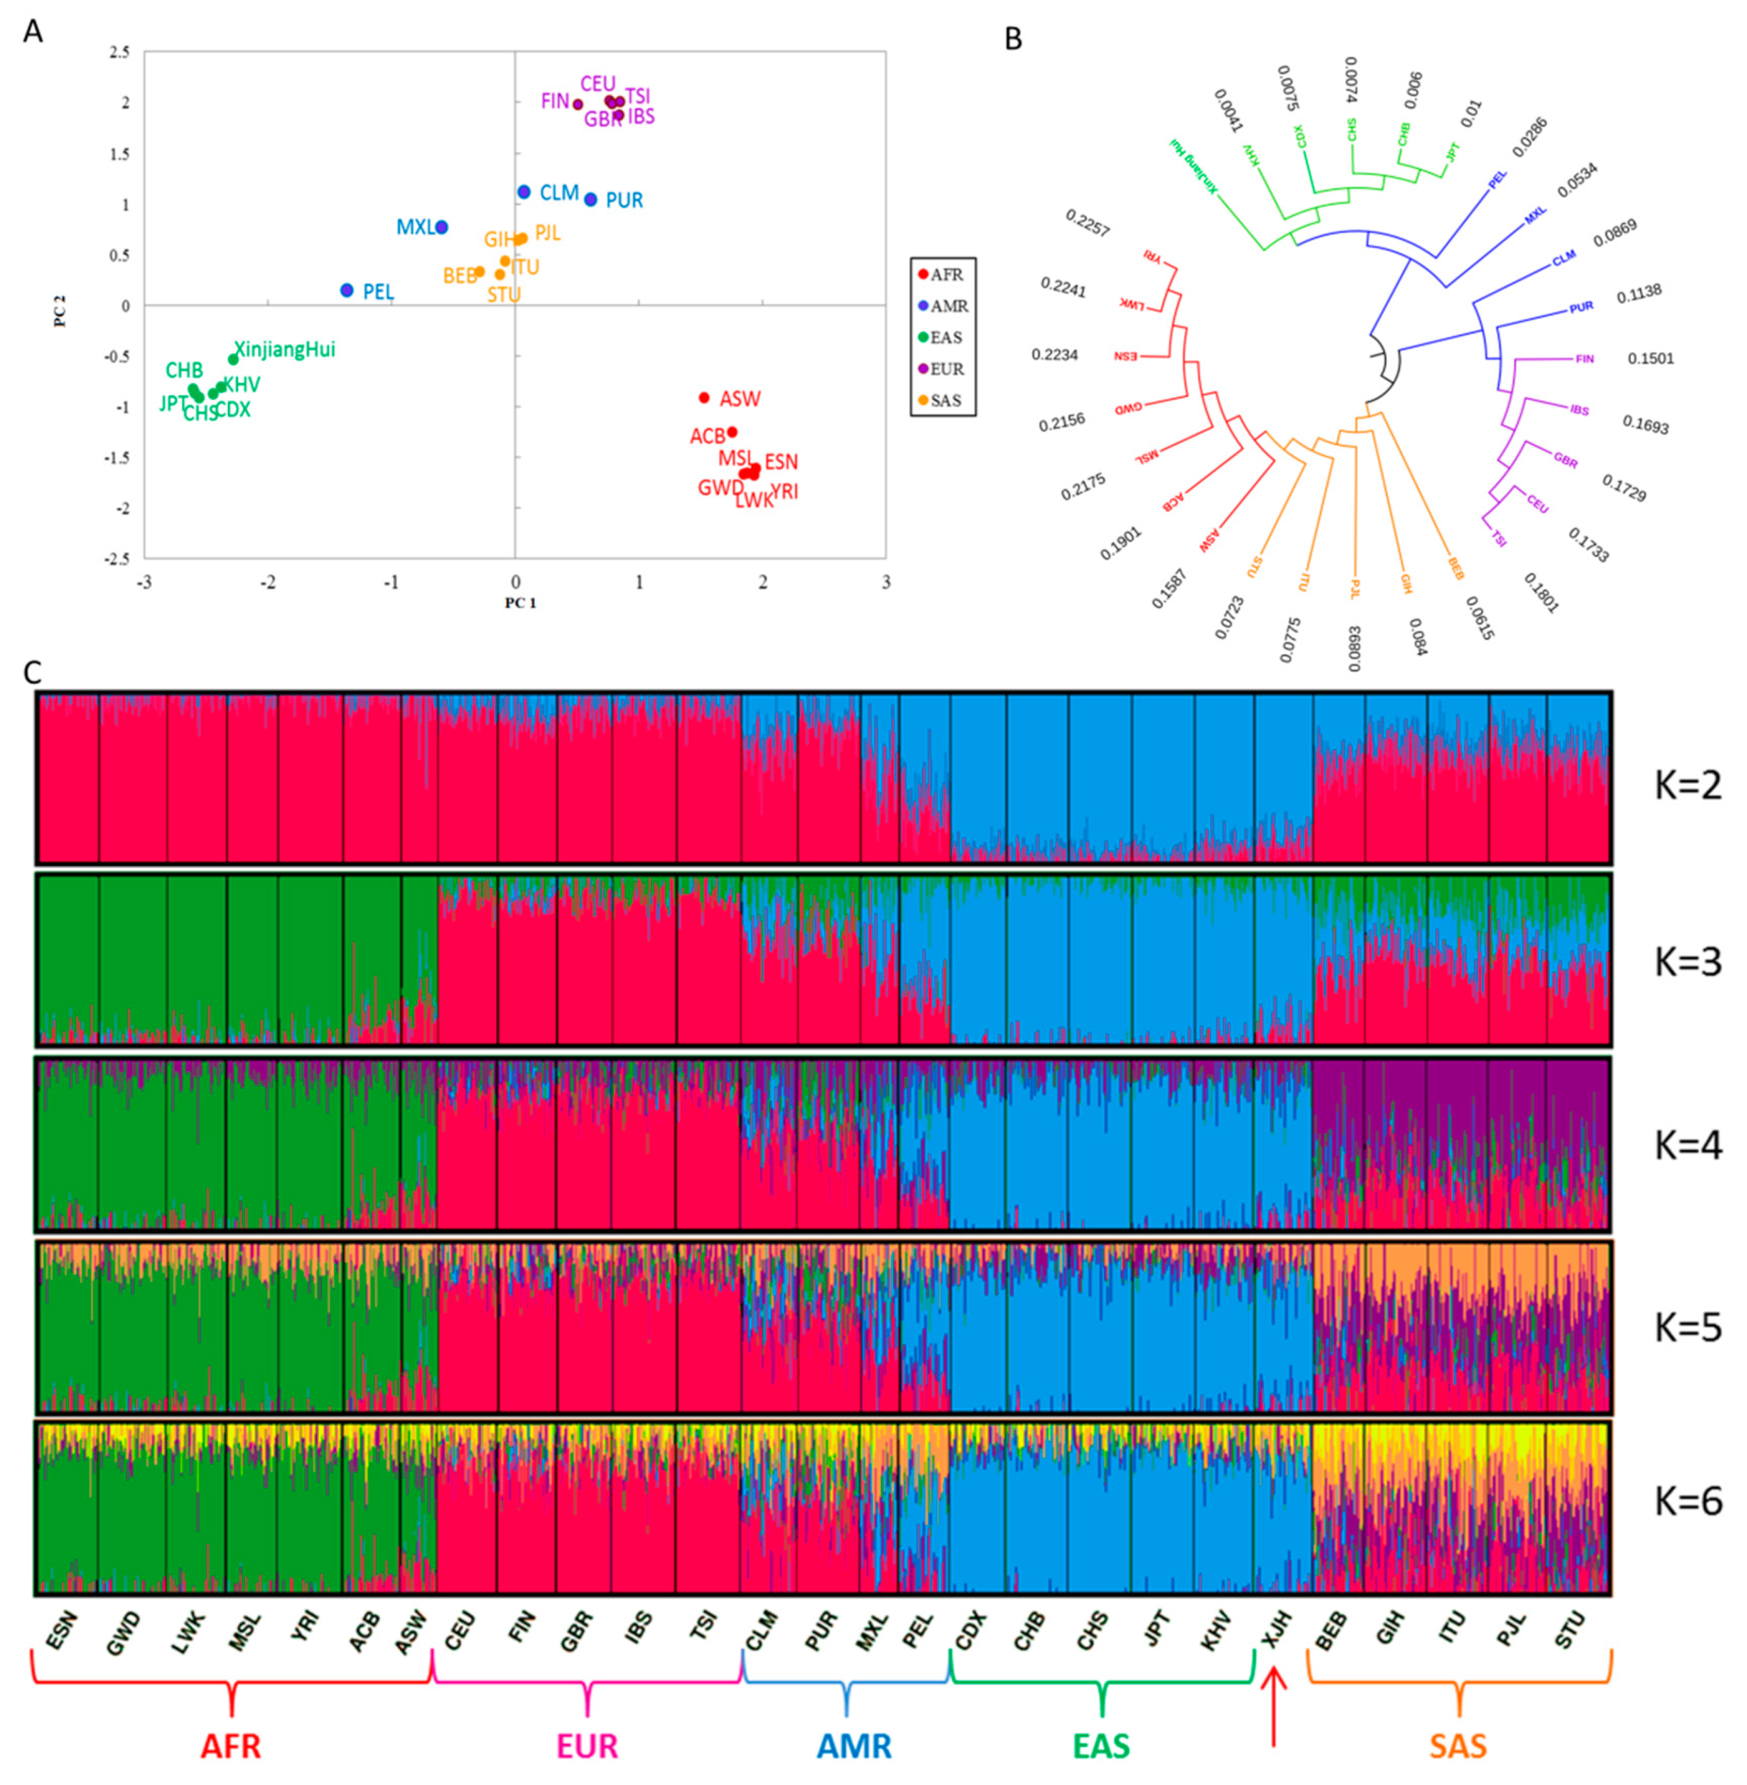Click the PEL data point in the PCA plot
pos(347,290)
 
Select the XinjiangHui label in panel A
pos(284,350)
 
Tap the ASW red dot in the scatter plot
pos(704,398)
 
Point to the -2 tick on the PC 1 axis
pos(268,583)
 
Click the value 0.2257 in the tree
pos(1087,222)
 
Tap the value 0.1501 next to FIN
pos(1651,359)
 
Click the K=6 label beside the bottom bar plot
pos(1688,1501)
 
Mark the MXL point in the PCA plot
pos(441,227)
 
